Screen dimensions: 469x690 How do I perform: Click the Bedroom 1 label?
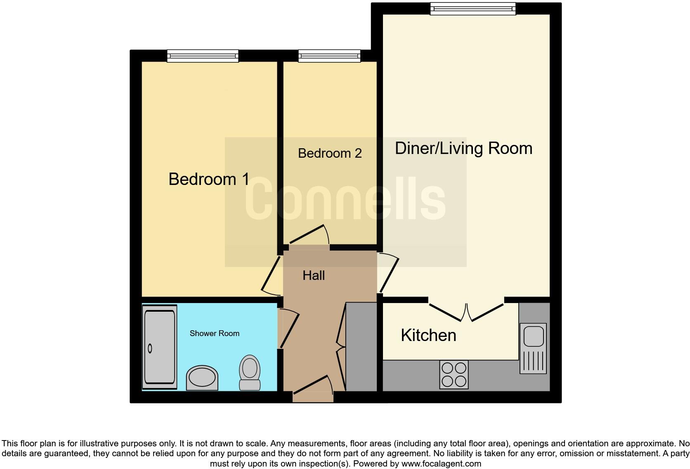(209, 179)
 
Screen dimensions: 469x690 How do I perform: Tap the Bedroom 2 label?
(330, 153)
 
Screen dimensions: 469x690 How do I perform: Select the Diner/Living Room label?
(463, 148)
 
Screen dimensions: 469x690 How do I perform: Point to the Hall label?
(314, 275)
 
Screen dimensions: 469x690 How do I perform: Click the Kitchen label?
(428, 335)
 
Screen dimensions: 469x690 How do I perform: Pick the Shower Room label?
(214, 333)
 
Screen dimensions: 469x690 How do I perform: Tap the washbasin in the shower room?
(202, 377)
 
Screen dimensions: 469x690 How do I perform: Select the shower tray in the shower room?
(160, 347)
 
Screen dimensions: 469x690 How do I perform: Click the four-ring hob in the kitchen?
(454, 374)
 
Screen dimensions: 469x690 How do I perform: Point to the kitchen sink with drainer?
(533, 348)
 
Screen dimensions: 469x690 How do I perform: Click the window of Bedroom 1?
(203, 56)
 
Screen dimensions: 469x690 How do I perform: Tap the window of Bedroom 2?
(329, 56)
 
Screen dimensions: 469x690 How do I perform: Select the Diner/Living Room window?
(473, 9)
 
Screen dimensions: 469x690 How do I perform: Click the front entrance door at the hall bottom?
(312, 388)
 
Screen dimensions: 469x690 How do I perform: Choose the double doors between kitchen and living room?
(466, 313)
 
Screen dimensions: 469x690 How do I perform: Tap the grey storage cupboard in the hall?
(361, 347)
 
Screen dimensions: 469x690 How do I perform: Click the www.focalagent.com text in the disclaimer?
(441, 464)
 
